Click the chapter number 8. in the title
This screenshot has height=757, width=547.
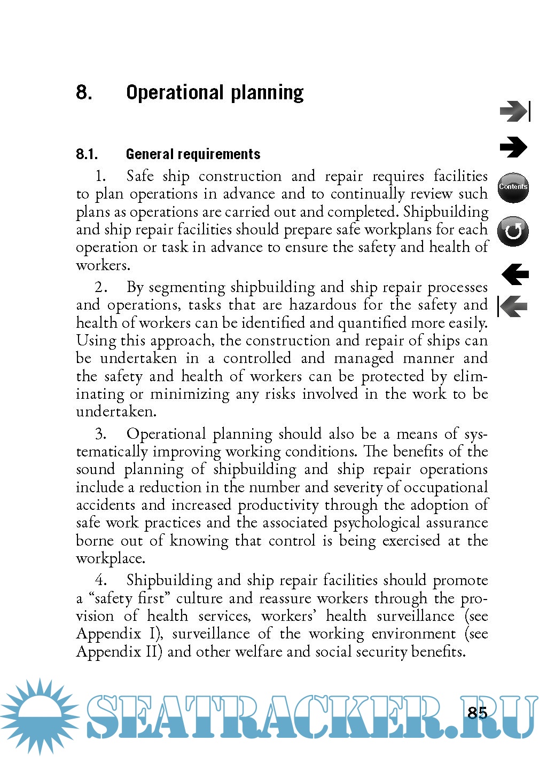pos(84,92)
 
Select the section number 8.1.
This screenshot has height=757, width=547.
pos(87,154)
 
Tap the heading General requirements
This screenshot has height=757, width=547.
pos(193,154)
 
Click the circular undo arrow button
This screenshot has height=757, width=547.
pos(513,231)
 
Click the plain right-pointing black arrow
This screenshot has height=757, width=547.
pos(513,147)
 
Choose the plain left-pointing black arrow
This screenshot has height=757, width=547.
pos(515,274)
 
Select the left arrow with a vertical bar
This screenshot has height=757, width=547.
pos(513,306)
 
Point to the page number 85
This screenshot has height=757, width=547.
pos(477,713)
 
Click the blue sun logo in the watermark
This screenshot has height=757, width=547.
pos(40,715)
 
